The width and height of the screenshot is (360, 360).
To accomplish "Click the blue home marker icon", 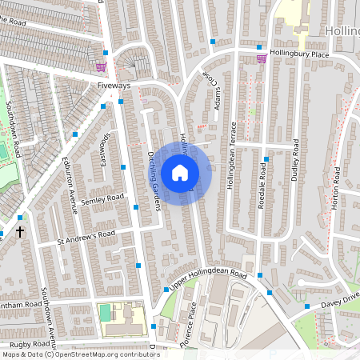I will [x=180, y=173].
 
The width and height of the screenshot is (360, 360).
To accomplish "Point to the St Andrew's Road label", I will [x=86, y=237].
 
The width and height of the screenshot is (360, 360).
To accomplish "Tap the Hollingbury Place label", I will [x=299, y=54].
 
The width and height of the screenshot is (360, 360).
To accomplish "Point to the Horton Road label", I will [x=336, y=189].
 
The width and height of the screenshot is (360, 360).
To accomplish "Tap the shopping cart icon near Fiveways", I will [x=101, y=67].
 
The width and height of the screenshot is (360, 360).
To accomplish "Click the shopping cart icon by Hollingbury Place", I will [x=261, y=57].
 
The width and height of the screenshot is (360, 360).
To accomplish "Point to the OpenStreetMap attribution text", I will [x=80, y=354].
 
